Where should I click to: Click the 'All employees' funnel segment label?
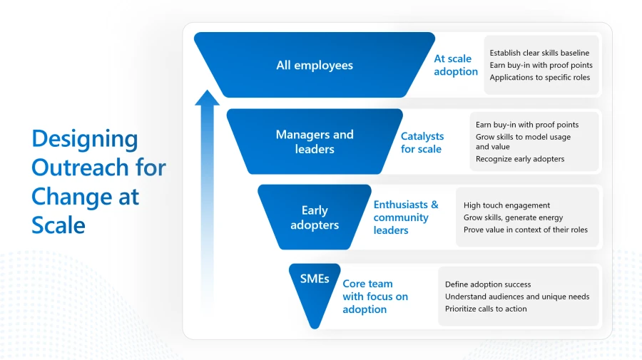click(315, 66)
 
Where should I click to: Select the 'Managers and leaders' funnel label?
click(315, 142)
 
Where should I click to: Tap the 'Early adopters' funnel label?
click(315, 217)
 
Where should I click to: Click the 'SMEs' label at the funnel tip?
click(315, 279)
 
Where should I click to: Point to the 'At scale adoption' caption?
click(456, 66)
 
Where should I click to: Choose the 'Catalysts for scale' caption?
click(422, 143)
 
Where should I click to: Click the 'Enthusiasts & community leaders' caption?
click(406, 217)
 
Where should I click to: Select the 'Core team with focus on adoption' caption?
click(375, 297)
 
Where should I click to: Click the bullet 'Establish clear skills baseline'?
click(539, 53)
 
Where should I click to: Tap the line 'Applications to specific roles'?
click(539, 77)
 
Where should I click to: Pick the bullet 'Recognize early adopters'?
click(519, 159)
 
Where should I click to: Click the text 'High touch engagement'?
click(506, 205)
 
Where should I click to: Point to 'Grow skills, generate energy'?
click(513, 217)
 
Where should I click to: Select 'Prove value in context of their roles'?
click(525, 230)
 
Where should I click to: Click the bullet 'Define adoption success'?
click(488, 284)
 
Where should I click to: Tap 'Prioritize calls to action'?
click(486, 309)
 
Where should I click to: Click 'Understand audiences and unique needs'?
click(517, 297)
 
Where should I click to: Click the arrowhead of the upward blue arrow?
click(207, 98)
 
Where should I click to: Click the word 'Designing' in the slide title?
click(85, 138)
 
